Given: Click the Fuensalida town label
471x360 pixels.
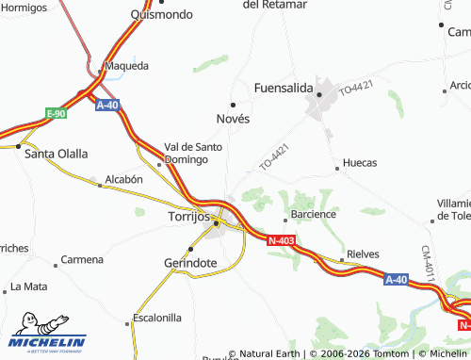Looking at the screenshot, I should point(284,88).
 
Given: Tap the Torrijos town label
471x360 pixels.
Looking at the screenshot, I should point(181,216).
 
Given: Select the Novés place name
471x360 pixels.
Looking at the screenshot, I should point(233,119).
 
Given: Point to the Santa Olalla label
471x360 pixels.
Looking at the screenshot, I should point(57,154).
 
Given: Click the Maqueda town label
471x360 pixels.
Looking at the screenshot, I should point(127,67).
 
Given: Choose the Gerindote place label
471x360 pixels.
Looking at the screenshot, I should point(190,263).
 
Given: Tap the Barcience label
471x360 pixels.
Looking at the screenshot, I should point(314,214).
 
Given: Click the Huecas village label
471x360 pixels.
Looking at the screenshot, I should point(360,163).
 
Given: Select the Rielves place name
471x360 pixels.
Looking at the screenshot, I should point(363,254).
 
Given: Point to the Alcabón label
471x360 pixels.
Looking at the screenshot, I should point(123,178).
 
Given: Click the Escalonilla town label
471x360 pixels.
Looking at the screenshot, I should point(156,319).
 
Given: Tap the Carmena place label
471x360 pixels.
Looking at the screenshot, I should point(82,259).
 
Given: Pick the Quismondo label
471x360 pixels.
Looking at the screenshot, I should point(162,14).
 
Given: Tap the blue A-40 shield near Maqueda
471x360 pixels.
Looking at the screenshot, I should point(108,106).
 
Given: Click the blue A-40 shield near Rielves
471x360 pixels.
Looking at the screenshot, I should point(398,280).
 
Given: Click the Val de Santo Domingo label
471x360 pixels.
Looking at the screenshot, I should point(193,153).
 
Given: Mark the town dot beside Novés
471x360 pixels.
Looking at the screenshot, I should point(233,104).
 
